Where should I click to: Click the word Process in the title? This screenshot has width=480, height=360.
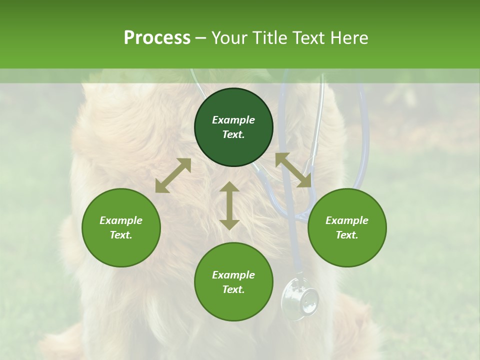157,38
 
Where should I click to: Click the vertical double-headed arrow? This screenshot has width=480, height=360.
229,205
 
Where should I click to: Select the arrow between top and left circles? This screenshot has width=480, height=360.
173,175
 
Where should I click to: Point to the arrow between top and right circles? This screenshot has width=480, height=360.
293,170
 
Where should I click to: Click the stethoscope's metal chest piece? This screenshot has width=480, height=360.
299,300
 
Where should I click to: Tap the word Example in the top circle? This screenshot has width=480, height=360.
233,120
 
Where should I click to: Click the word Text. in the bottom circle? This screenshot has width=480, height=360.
233,289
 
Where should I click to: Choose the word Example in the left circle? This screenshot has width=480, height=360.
121,220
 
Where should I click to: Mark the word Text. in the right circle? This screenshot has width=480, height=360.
347,235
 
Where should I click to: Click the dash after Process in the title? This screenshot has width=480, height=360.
200,38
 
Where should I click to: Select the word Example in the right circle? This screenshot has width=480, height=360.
347,220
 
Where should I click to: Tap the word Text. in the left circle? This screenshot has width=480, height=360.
121,235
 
